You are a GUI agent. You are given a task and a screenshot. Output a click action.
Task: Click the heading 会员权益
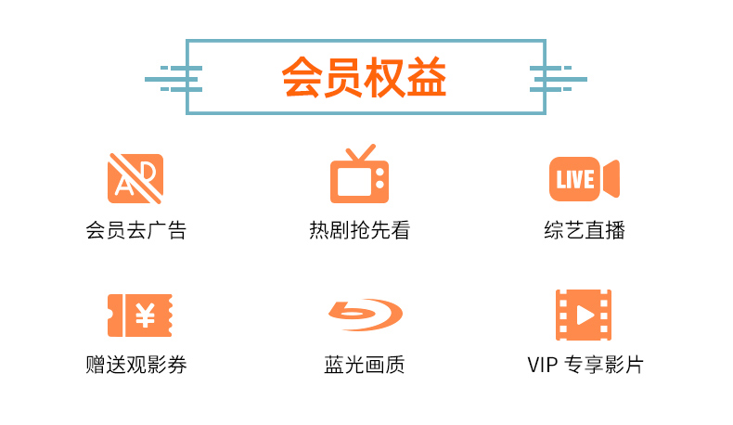(365, 79)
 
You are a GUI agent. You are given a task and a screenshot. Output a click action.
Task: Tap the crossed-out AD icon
(135, 178)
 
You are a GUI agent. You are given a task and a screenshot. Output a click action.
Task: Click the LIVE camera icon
(584, 178)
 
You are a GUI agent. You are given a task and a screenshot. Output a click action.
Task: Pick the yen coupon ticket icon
(140, 316)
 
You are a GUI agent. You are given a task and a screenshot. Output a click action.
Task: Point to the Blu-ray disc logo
(365, 316)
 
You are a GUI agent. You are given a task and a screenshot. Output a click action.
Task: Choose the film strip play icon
(584, 315)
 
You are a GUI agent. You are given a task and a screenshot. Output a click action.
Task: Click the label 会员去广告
(135, 230)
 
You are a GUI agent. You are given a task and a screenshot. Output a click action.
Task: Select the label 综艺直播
(585, 230)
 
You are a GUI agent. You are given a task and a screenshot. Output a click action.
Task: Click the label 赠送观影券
(135, 365)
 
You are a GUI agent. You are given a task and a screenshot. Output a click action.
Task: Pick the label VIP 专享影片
(584, 365)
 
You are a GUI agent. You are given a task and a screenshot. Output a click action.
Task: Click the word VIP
(541, 365)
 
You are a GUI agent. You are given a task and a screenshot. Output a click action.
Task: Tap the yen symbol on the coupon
(145, 316)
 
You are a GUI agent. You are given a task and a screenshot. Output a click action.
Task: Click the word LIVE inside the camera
(575, 179)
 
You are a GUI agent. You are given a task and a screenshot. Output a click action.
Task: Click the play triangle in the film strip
(585, 315)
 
